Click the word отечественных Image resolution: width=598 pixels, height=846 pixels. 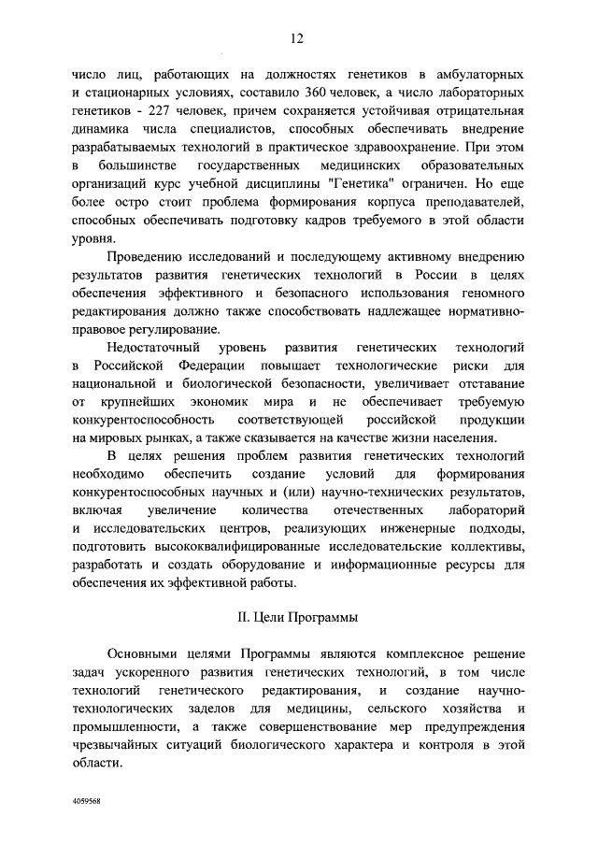[371, 511]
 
